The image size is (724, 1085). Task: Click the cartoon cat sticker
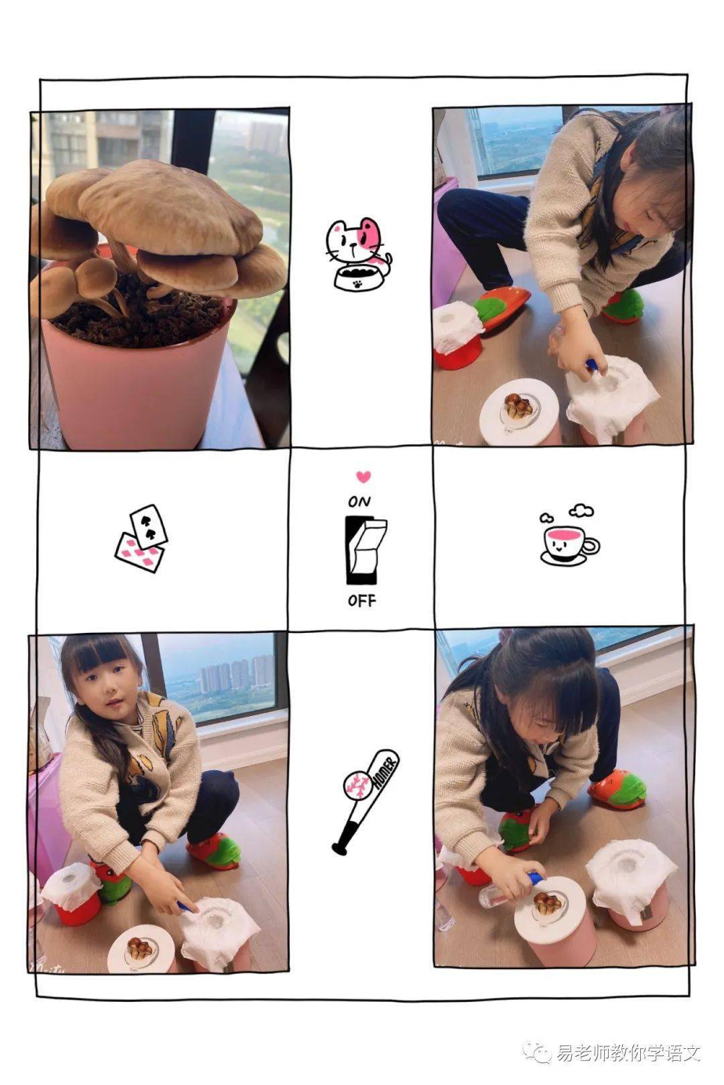(358, 254)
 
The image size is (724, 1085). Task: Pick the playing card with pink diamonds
(139, 553)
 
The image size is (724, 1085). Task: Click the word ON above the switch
(359, 502)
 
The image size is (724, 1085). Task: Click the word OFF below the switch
(362, 601)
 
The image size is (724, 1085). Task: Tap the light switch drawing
(366, 551)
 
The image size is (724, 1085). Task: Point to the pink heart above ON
(363, 477)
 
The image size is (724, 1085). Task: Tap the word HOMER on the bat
(385, 770)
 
